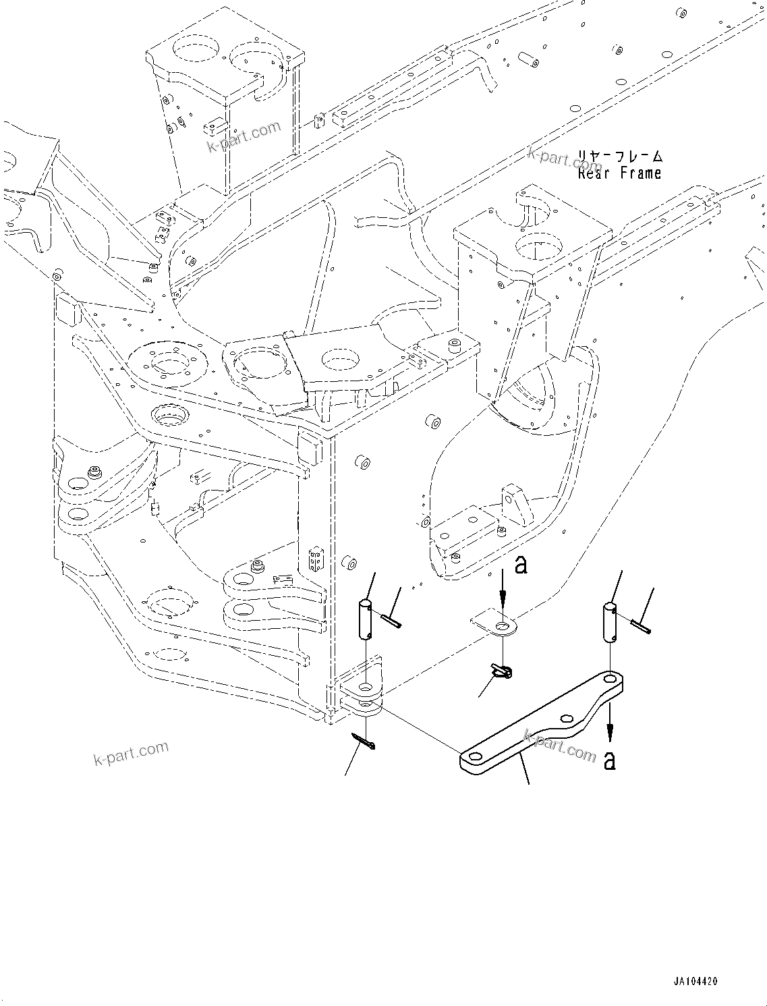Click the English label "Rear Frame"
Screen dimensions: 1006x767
(x=619, y=173)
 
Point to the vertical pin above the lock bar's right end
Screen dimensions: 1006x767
(x=610, y=623)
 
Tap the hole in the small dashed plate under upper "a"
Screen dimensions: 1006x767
(x=502, y=628)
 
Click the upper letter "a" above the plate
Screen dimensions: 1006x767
(x=520, y=565)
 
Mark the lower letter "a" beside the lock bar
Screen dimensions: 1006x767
(x=610, y=760)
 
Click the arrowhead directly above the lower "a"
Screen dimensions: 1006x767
(x=610, y=731)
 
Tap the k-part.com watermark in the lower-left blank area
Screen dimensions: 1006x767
(x=131, y=754)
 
